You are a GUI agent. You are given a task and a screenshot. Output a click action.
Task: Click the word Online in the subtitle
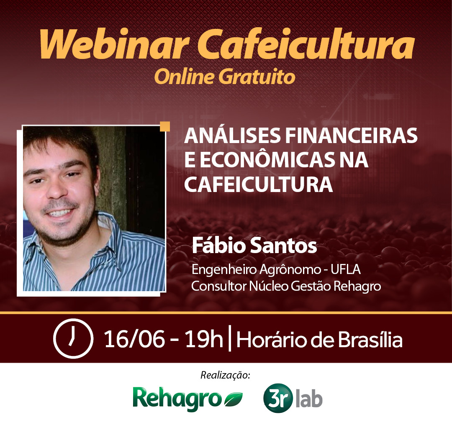[182, 77]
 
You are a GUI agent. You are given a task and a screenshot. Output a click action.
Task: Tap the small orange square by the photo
[165, 127]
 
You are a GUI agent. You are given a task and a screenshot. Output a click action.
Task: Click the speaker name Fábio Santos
[254, 246]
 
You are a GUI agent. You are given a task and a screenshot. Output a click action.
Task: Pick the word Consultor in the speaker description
[218, 287]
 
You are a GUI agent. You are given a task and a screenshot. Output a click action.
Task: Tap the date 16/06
[134, 339]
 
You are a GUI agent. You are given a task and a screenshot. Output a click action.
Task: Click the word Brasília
[370, 339]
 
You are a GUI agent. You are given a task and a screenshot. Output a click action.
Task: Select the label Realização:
[226, 375]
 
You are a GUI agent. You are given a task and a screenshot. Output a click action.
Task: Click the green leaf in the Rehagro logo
[233, 400]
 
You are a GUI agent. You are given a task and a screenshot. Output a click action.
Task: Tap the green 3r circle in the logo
[277, 399]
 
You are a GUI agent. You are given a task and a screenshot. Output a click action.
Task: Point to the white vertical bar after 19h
[230, 339]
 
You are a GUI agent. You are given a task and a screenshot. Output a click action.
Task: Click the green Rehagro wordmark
[177, 398]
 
